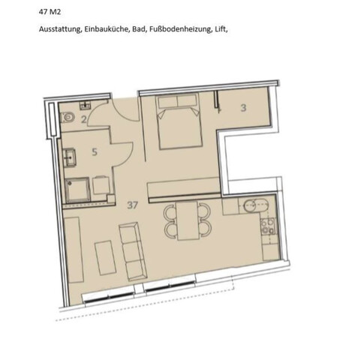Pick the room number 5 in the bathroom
95,152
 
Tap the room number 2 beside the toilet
84,118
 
